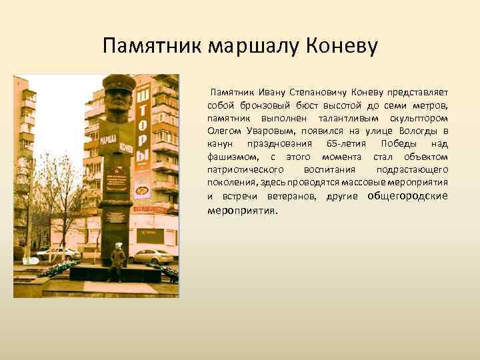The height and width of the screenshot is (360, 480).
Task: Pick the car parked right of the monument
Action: click(x=153, y=256)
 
